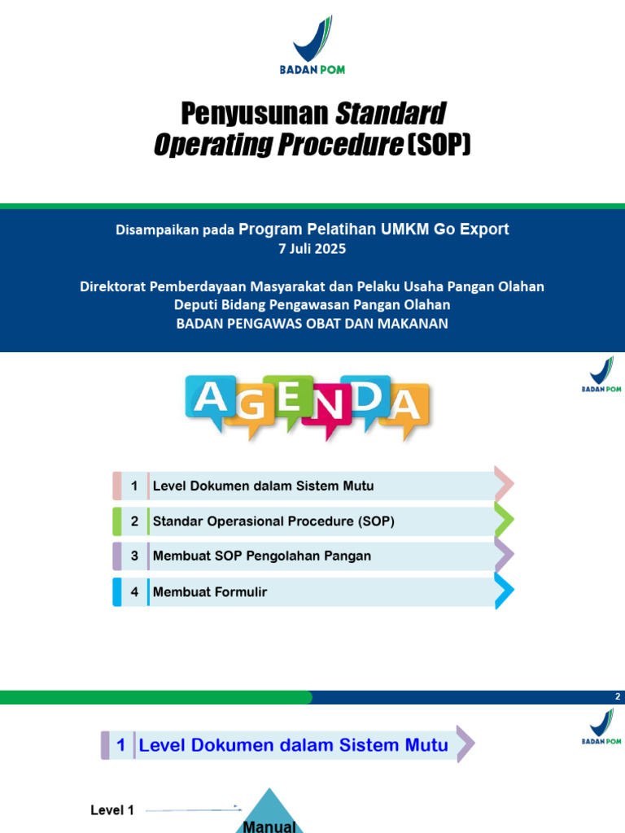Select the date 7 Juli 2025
pos(312,249)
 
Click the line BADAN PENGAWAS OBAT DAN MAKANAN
pos(312,324)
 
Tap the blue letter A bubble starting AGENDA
pos(210,399)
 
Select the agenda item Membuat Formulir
pos(210,592)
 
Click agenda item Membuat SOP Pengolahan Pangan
pos(261,556)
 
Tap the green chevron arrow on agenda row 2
pos(504,521)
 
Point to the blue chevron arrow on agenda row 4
pos(504,591)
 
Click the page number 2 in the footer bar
pos(618,697)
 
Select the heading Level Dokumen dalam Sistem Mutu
pos(294,744)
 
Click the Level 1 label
pos(112,810)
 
